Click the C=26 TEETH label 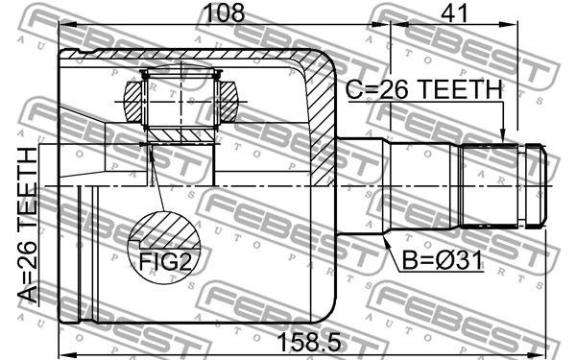(423, 88)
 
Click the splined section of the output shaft (489, 183)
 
